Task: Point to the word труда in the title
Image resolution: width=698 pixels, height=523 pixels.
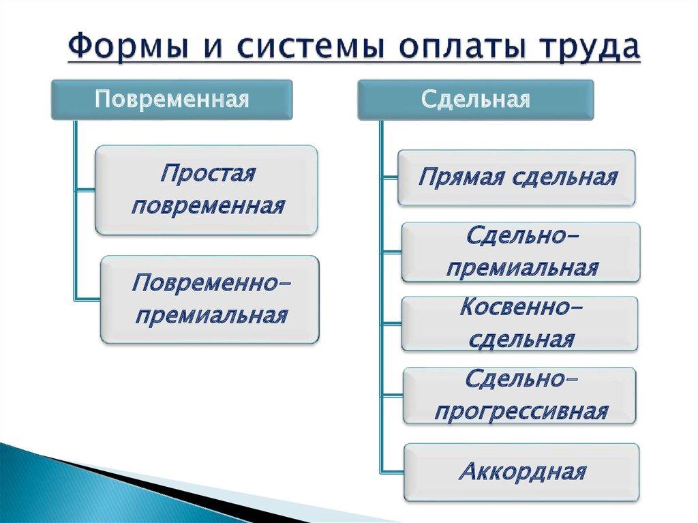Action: tap(588, 48)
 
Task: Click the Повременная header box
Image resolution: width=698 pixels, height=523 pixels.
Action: tap(171, 100)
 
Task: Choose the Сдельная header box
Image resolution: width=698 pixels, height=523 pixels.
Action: tap(475, 100)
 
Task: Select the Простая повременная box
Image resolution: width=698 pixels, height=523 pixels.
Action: tap(207, 190)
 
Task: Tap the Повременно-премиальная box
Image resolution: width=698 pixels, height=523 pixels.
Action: tap(210, 299)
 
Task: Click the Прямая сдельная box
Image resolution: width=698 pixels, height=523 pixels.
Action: tap(517, 178)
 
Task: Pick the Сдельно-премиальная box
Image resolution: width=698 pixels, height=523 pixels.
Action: tap(521, 252)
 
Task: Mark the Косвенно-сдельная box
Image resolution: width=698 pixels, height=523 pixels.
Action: tap(520, 323)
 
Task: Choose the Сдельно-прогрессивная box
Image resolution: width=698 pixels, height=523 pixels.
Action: tap(519, 395)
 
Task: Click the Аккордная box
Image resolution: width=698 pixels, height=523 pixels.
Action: tap(521, 472)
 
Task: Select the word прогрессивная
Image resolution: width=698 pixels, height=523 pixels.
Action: tap(521, 412)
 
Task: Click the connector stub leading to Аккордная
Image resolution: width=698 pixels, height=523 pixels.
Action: tap(393, 472)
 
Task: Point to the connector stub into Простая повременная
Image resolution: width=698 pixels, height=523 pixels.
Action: tap(85, 190)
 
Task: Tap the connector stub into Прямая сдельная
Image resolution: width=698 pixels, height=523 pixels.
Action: tap(389, 178)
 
